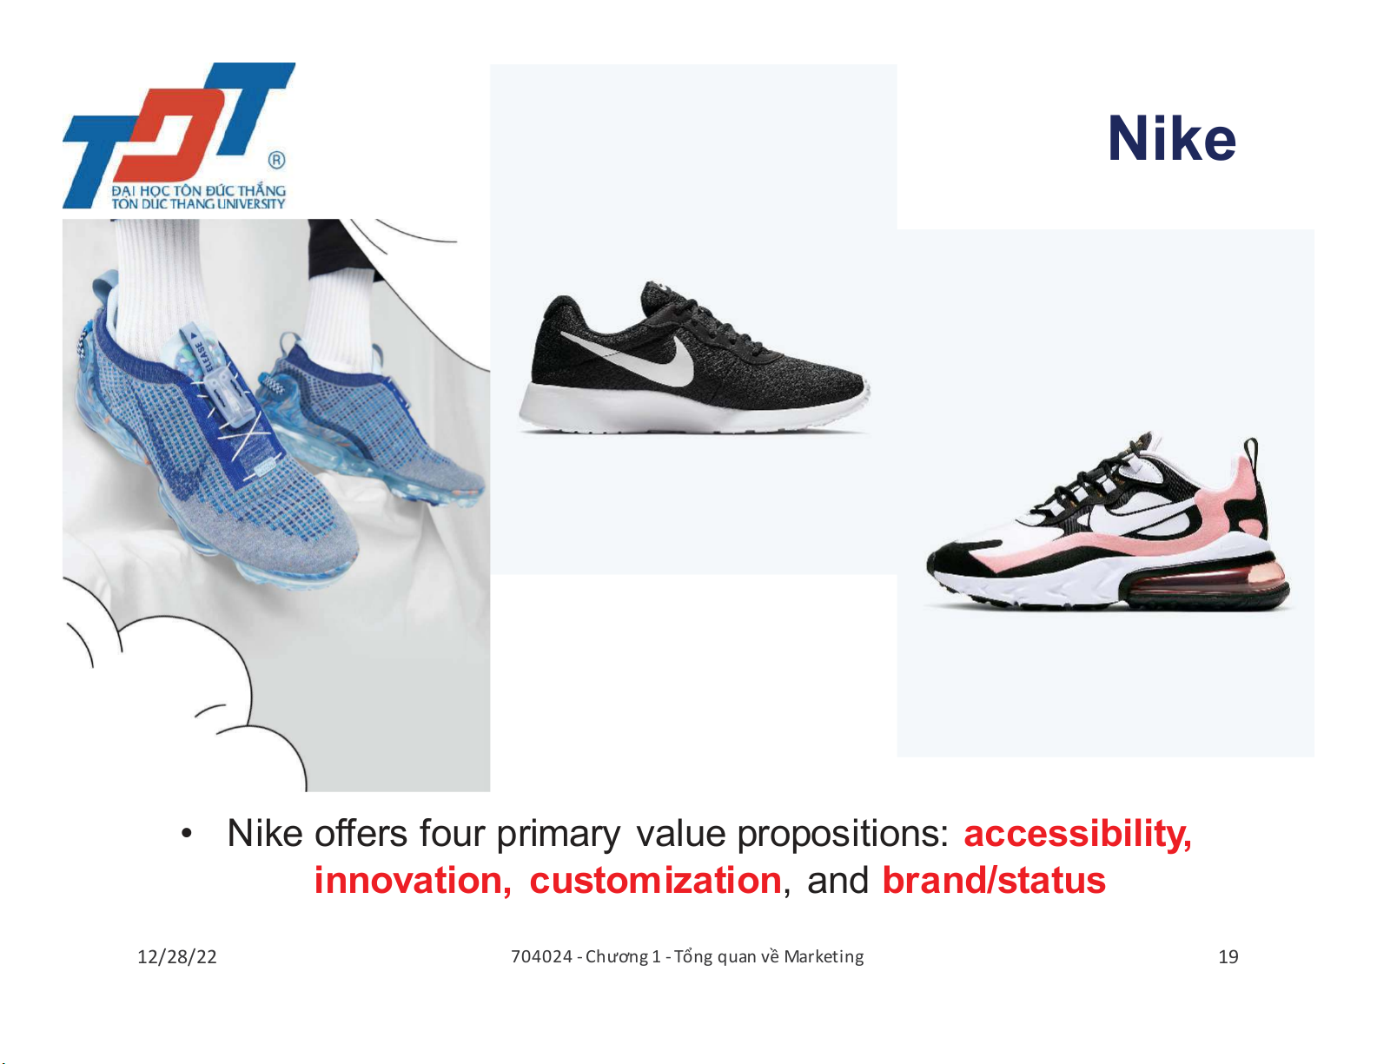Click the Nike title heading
[x=1171, y=139]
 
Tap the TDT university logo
[x=179, y=135]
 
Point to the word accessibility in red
[x=1077, y=833]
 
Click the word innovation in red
[x=413, y=881]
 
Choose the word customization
[x=656, y=881]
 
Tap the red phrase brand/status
[x=994, y=881]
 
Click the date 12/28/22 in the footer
[x=177, y=957]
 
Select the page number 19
[x=1228, y=957]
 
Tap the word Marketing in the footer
[x=824, y=957]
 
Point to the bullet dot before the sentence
[x=186, y=834]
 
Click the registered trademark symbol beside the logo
[x=276, y=160]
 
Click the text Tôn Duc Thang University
[x=198, y=204]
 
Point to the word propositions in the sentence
[x=843, y=835]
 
